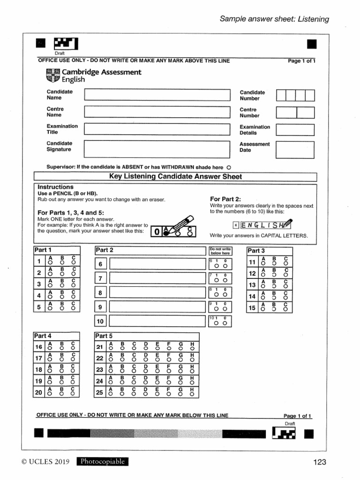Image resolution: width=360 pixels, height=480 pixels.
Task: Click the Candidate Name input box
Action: (x=157, y=95)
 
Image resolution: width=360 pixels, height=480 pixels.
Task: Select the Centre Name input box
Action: (x=157, y=112)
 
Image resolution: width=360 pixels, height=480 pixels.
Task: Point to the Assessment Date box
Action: (x=295, y=149)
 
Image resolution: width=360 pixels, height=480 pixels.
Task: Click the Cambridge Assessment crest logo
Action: (x=53, y=75)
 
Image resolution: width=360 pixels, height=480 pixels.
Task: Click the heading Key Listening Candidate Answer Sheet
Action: (x=175, y=177)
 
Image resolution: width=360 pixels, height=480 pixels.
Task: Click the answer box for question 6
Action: (x=157, y=265)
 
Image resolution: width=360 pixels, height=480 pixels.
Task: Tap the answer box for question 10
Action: (x=157, y=322)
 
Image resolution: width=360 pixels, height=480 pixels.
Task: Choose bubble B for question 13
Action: (x=274, y=286)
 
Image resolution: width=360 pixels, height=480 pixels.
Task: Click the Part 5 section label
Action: (x=104, y=336)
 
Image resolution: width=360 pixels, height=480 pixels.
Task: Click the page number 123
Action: (x=319, y=462)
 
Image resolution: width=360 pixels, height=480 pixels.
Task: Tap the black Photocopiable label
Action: (x=103, y=462)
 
